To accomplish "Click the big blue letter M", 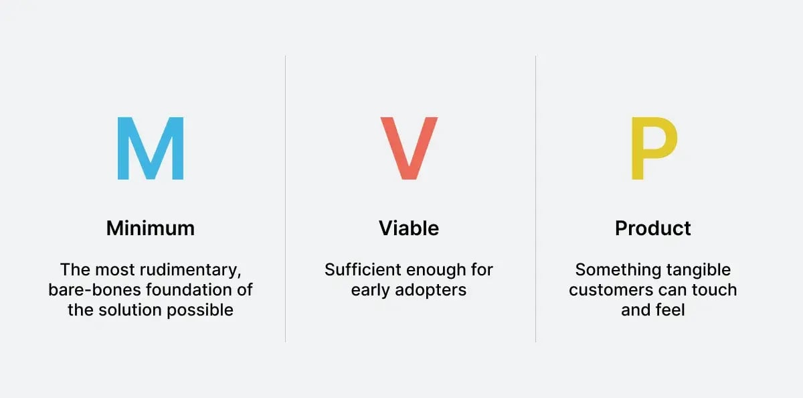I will tap(151, 149).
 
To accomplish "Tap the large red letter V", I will tap(408, 149).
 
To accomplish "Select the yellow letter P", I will tap(653, 149).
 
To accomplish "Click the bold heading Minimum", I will tap(151, 228).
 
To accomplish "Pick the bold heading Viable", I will tap(409, 228).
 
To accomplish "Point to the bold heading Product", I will tap(653, 228).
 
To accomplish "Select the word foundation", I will tap(183, 291).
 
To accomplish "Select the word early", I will tap(369, 291).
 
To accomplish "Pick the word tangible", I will tap(698, 270).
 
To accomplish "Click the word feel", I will tap(672, 311).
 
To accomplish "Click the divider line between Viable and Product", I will tap(536, 201).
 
